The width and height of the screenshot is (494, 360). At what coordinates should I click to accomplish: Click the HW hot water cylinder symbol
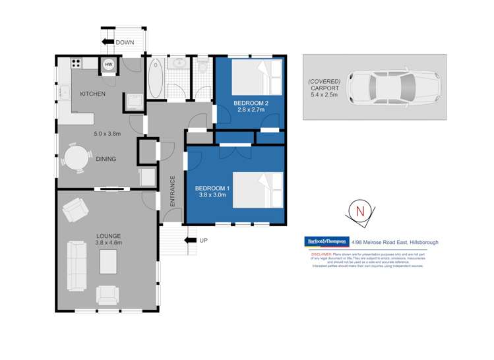pos(108,65)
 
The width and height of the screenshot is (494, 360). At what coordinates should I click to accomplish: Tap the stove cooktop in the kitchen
pos(76,65)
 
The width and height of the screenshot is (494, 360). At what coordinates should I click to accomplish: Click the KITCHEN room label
pos(92,94)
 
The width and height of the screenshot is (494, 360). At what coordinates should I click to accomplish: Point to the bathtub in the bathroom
pos(156,76)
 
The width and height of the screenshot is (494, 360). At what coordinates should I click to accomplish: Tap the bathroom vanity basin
pos(178,64)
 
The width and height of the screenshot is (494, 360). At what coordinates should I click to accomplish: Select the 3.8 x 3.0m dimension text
pos(209,196)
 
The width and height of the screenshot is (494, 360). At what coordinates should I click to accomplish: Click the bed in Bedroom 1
pos(257,190)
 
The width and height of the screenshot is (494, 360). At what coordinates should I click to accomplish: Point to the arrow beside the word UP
pos(191,241)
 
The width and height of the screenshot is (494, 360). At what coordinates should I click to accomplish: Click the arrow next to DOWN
pos(108,43)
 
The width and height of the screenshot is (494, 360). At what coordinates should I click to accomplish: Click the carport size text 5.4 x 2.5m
pos(323,94)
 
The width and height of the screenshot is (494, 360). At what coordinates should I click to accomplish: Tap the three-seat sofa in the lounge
pos(77,266)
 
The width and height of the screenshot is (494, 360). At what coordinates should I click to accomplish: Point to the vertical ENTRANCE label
pos(173,192)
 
